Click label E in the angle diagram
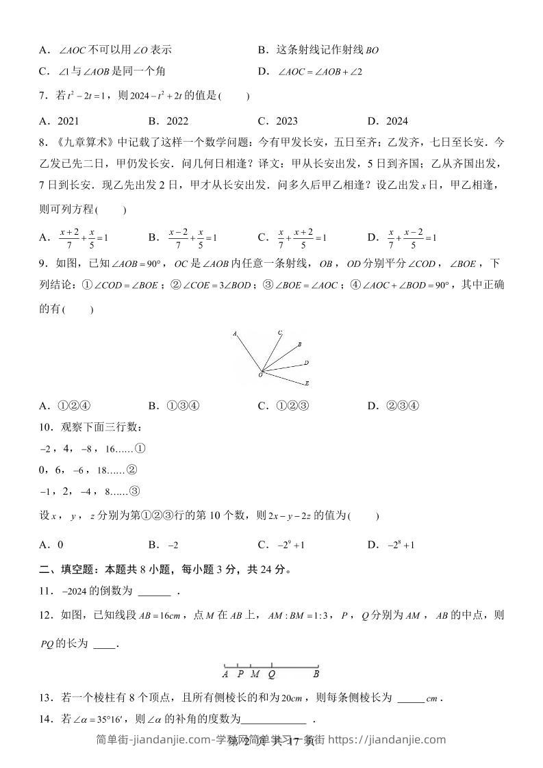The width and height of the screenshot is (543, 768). [307, 383]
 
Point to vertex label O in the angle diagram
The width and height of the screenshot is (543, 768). [260, 375]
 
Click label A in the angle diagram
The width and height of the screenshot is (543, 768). [234, 334]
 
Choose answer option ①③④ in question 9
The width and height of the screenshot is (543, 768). [183, 405]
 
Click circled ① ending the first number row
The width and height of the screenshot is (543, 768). [140, 449]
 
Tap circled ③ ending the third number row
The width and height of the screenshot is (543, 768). [134, 490]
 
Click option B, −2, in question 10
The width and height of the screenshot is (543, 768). [173, 545]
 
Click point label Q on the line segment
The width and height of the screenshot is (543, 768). [272, 674]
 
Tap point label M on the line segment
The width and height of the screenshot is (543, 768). [254, 674]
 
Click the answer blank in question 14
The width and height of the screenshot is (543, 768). [273, 720]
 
